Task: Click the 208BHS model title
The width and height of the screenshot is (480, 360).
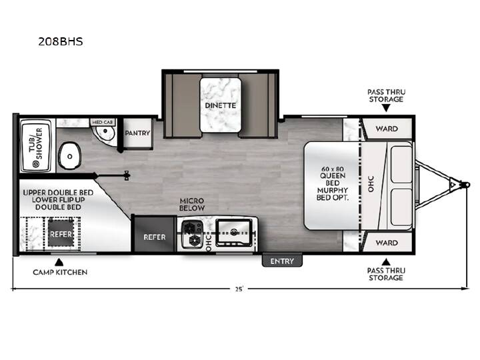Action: pyautogui.click(x=60, y=41)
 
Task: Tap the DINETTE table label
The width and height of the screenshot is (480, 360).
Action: pyautogui.click(x=221, y=105)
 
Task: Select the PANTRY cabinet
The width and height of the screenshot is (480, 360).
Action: pyautogui.click(x=137, y=133)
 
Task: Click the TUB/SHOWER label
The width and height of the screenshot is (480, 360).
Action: pyautogui.click(x=36, y=144)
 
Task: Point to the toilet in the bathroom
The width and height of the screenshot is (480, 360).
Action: pyautogui.click(x=70, y=155)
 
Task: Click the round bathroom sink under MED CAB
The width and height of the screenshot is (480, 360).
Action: pyautogui.click(x=105, y=132)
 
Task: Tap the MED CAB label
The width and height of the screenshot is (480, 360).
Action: pyautogui.click(x=103, y=122)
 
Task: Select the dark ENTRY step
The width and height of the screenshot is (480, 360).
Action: pyautogui.click(x=282, y=261)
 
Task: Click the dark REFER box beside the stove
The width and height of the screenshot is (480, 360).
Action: pyautogui.click(x=155, y=234)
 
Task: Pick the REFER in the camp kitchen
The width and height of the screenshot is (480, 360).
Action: pyautogui.click(x=61, y=234)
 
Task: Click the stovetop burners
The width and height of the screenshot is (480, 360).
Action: pyautogui.click(x=192, y=234)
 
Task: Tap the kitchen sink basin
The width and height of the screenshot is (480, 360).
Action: pyautogui.click(x=234, y=233)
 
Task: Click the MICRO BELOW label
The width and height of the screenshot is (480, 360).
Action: pyautogui.click(x=192, y=205)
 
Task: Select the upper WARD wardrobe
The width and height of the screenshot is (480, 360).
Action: pyautogui.click(x=387, y=129)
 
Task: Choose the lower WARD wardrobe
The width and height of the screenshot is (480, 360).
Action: pyautogui.click(x=387, y=243)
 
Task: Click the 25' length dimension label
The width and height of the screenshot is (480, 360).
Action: pyautogui.click(x=239, y=289)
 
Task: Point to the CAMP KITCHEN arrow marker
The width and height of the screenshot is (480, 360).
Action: pyautogui.click(x=59, y=263)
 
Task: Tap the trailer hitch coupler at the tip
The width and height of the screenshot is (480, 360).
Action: pyautogui.click(x=465, y=185)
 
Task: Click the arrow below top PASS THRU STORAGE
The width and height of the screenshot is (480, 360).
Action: pyautogui.click(x=386, y=108)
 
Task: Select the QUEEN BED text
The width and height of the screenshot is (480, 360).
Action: pyautogui.click(x=333, y=179)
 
